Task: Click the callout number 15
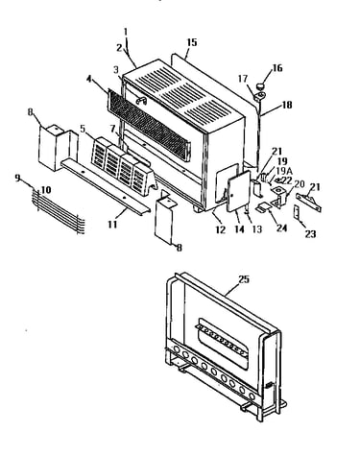(192, 42)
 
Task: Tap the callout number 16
(277, 68)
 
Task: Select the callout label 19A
(284, 171)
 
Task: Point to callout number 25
(244, 279)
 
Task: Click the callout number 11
(112, 225)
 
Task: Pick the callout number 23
(310, 234)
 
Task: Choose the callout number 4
(90, 79)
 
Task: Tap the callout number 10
(46, 190)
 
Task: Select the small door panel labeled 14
(238, 191)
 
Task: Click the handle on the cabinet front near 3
(141, 101)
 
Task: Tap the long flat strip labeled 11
(106, 185)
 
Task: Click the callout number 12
(221, 229)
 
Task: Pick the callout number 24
(281, 228)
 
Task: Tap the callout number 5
(83, 129)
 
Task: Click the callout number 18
(287, 105)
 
